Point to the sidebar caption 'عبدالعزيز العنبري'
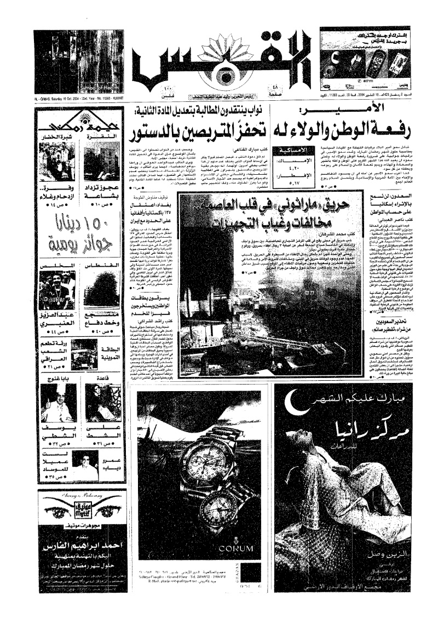tap(57, 319)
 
